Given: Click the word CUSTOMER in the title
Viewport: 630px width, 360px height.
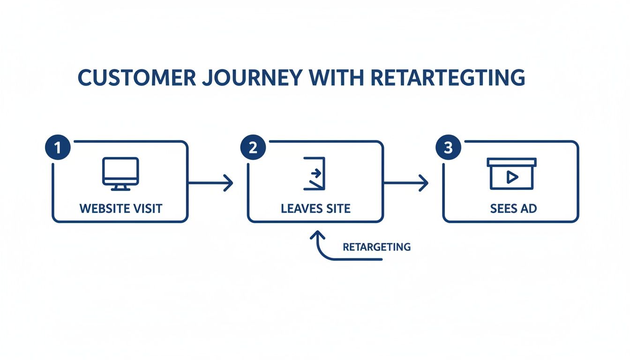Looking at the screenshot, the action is point(136,77).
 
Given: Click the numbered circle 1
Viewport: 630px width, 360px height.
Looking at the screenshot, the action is point(57,148).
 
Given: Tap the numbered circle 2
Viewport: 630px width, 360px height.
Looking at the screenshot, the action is point(253,148).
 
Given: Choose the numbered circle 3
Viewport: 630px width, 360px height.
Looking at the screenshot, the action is point(448,148).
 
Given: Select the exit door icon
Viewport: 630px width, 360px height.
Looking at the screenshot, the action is point(315,173).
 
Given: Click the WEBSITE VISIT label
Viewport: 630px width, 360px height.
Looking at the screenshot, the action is point(121,209).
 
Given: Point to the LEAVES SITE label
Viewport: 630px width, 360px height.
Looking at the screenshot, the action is point(315,209).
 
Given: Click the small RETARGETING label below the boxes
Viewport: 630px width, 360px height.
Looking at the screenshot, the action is point(376,247).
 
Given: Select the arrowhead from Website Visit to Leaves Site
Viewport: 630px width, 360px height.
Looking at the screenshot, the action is point(229,183).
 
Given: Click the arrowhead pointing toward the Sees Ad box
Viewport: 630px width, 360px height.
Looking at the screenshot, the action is point(424,183).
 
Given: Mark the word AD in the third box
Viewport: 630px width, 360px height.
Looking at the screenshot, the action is point(528,209).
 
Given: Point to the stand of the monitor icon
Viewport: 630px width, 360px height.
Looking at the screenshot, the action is point(120,187).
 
